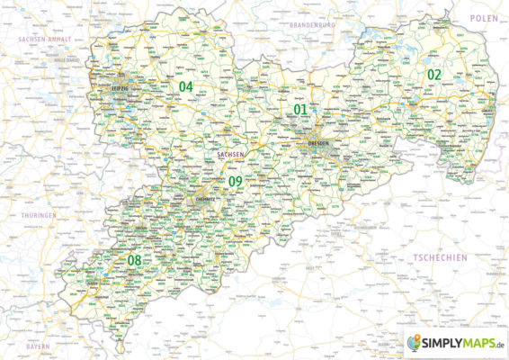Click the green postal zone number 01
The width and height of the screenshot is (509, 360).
tap(301, 110)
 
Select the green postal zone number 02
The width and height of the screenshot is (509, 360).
tap(434, 74)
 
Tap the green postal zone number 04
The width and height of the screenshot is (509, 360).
tap(186, 86)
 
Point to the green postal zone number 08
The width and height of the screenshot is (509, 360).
tap(135, 261)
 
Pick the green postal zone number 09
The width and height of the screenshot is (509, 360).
tap(236, 182)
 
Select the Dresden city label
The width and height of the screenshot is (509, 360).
tap(319, 144)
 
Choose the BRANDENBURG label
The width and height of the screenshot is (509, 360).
tap(311, 26)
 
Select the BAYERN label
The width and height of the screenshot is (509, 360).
tap(38, 345)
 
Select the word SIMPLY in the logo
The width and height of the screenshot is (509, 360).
tap(442, 343)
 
